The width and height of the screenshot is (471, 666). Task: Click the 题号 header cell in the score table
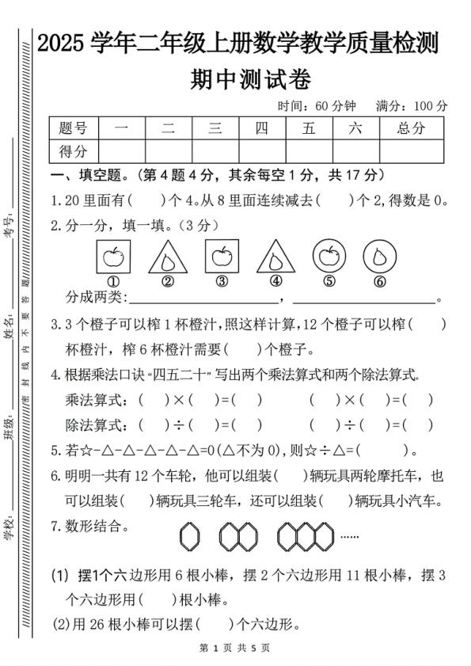pos(73,128)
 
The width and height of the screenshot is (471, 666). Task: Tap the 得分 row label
pos(73,150)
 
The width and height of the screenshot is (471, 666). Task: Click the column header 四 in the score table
pos(261,128)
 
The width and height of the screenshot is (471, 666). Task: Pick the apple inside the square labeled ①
pos(113,256)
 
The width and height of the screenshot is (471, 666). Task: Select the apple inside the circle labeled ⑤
pos(329,256)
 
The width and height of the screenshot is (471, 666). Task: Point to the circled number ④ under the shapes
pos(275,280)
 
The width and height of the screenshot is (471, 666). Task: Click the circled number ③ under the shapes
pos(222,280)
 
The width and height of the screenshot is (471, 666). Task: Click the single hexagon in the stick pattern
pos(189,537)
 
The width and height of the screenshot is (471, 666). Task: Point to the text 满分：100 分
pos(412,105)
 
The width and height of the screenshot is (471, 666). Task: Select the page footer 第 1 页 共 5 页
pos(236,648)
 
